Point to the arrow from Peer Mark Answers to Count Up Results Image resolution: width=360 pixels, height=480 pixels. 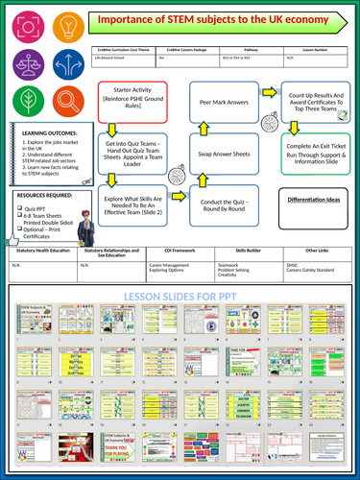(272, 91)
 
